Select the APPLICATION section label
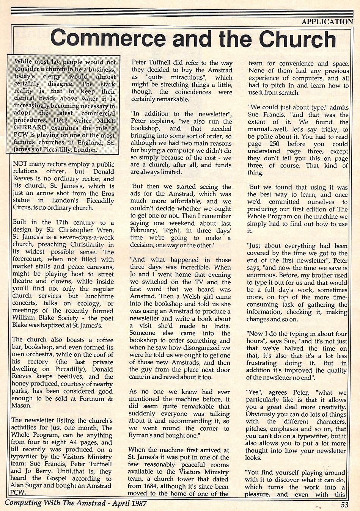pos(327,22)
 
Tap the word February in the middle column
pos(143,230)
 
